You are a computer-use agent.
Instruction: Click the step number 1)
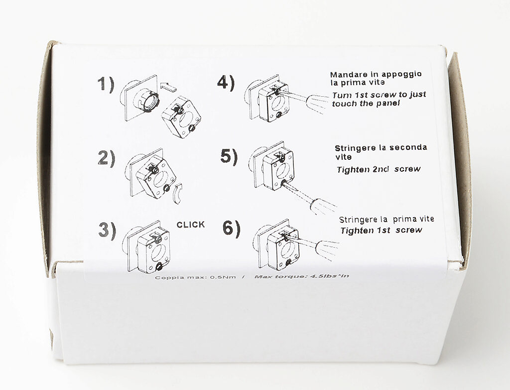coord(106,84)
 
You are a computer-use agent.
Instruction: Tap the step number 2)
coord(107,158)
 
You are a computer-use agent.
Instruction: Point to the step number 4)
coord(226,83)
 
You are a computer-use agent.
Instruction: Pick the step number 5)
coord(229,156)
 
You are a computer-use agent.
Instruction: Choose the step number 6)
coord(231,228)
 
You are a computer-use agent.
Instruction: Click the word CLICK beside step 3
coord(191,225)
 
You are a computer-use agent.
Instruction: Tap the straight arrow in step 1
coord(168,87)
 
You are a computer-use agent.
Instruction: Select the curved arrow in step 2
coord(178,193)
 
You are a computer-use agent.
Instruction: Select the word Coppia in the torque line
coord(164,278)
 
